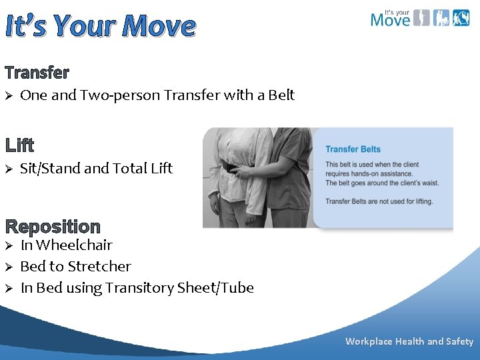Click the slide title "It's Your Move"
pyautogui.click(x=101, y=27)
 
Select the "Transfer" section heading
pyautogui.click(x=37, y=72)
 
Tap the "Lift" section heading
pyautogui.click(x=20, y=145)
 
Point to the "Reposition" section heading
pyautogui.click(x=53, y=227)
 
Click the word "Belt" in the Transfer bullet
pyautogui.click(x=281, y=95)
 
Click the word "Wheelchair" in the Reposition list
pyautogui.click(x=76, y=245)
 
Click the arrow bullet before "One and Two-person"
pyautogui.click(x=9, y=96)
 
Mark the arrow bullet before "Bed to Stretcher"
pyautogui.click(x=9, y=267)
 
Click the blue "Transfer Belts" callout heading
pyautogui.click(x=353, y=149)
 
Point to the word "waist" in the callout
pyautogui.click(x=430, y=183)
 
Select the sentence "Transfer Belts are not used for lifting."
pyautogui.click(x=379, y=201)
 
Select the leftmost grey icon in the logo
pyautogui.click(x=421, y=17)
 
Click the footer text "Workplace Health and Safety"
pyautogui.click(x=409, y=341)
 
